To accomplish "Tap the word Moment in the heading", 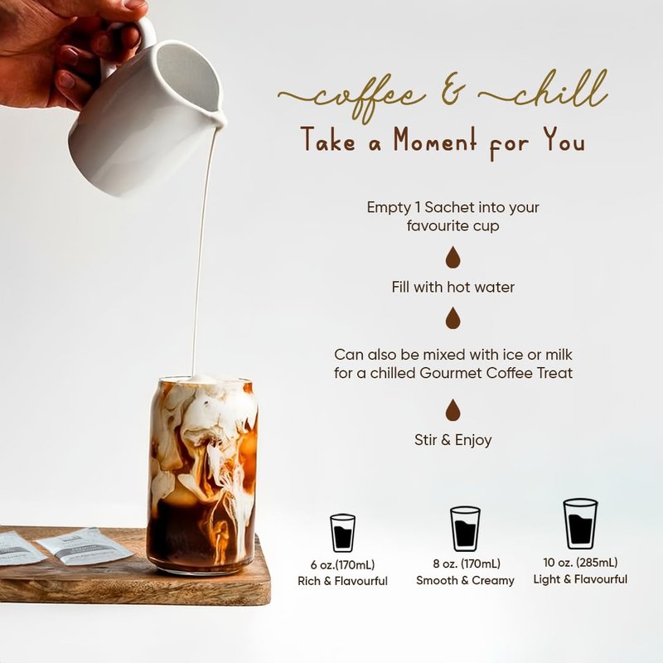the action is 435,140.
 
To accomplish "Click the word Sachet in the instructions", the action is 451,207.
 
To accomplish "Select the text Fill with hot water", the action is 452,287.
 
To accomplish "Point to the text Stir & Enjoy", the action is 452,440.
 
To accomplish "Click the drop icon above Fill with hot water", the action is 452,258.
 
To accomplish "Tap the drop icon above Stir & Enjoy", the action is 452,410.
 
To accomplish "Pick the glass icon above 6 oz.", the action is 342,533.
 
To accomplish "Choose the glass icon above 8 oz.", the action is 465,529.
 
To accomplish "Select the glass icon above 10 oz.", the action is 580,524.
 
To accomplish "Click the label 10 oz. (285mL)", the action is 580,563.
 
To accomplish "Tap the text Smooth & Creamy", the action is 465,581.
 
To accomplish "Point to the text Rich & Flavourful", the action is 342,581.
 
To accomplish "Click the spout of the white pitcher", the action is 220,119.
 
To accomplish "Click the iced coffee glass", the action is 203,474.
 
